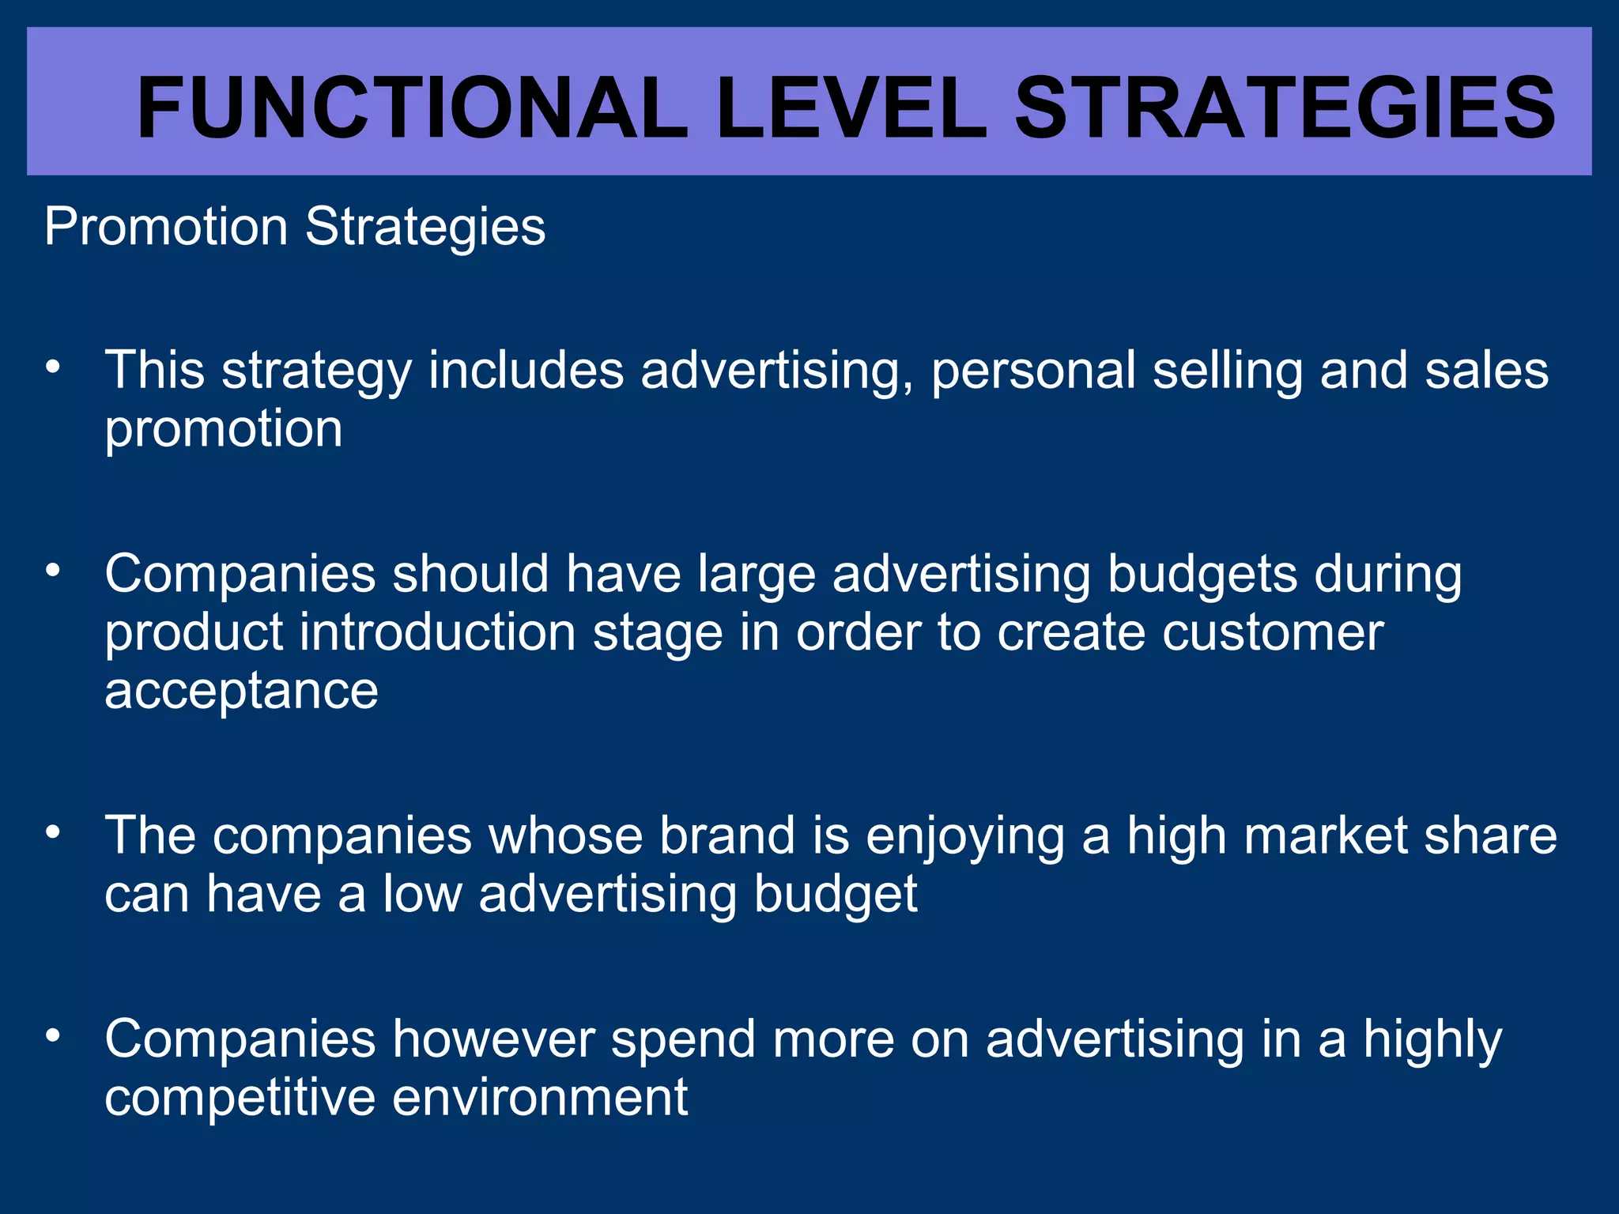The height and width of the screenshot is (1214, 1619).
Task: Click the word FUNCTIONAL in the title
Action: point(411,108)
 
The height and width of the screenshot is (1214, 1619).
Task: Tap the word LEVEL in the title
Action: point(851,108)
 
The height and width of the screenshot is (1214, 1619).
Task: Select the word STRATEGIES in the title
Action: point(1285,108)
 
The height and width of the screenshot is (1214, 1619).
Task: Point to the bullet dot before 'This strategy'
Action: point(53,368)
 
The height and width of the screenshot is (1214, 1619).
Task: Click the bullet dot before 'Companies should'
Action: point(53,570)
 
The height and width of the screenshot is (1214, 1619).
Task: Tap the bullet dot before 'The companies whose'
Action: point(53,832)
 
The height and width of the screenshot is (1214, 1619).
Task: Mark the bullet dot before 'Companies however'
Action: point(53,1035)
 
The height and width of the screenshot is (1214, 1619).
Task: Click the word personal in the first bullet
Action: point(1032,371)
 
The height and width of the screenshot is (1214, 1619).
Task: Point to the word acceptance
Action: point(241,692)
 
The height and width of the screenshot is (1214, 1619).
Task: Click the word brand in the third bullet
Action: point(726,836)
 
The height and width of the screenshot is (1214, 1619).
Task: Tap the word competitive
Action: point(240,1099)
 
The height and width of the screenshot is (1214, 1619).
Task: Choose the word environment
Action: point(540,1099)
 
